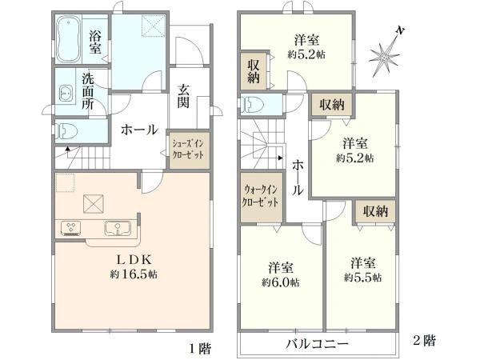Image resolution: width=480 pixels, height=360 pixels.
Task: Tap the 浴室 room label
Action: [95, 42]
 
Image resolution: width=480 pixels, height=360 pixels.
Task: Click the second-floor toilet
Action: [254, 104]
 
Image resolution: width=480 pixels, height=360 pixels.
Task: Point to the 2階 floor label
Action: [424, 340]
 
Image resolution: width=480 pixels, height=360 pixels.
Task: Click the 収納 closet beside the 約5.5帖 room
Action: [375, 211]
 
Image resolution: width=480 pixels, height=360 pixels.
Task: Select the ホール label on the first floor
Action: [138, 130]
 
